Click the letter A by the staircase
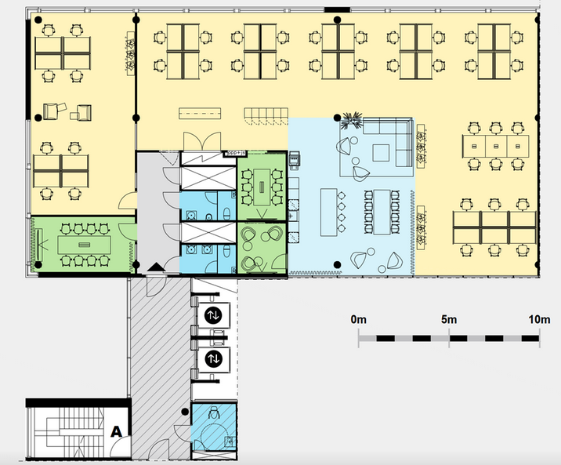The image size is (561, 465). [x=116, y=431]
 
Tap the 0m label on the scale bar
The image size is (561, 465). [x=359, y=319]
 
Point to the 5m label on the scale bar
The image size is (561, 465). [x=449, y=319]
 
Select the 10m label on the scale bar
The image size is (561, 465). [x=539, y=319]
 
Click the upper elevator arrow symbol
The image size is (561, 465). [x=213, y=315]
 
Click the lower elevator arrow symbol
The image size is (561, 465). [x=213, y=359]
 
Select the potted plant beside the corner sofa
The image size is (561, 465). [x=351, y=120]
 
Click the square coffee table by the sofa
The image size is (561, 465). [x=381, y=153]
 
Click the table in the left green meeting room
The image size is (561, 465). [x=84, y=245]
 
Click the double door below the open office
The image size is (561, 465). [x=202, y=141]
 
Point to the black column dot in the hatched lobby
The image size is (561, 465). [x=185, y=412]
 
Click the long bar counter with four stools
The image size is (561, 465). [x=329, y=213]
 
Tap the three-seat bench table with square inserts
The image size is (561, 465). [x=495, y=146]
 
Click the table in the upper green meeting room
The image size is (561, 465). [x=262, y=187]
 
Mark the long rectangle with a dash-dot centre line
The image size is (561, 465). [x=200, y=114]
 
